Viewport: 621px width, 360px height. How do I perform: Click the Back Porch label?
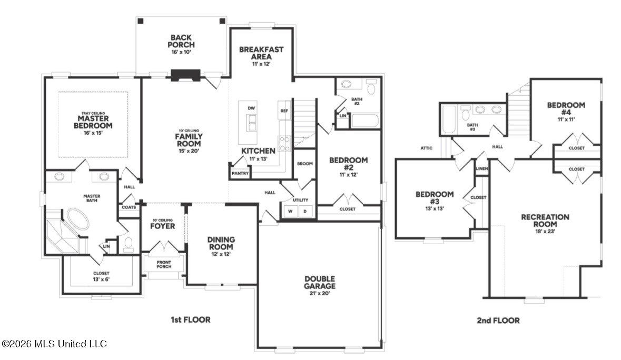pyautogui.click(x=181, y=41)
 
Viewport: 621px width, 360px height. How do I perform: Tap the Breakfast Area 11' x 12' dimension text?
pyautogui.click(x=261, y=64)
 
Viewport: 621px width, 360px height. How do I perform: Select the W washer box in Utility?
pyautogui.click(x=290, y=211)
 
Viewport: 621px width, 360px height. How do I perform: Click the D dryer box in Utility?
pyautogui.click(x=305, y=211)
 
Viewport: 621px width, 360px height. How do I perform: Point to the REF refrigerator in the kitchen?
pyautogui.click(x=284, y=111)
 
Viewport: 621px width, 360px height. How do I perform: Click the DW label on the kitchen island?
pyautogui.click(x=251, y=108)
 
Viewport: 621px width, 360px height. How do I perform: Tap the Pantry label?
pyautogui.click(x=240, y=173)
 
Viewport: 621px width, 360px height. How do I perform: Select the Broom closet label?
pyautogui.click(x=305, y=163)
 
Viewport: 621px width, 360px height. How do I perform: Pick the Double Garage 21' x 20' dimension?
pyautogui.click(x=320, y=293)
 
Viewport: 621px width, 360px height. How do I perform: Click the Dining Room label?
pyautogui.click(x=221, y=243)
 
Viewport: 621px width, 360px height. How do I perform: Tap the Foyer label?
pyautogui.click(x=162, y=226)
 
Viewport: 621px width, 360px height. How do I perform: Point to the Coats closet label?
pyautogui.click(x=129, y=207)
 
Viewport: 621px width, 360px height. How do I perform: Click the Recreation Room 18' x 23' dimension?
pyautogui.click(x=545, y=231)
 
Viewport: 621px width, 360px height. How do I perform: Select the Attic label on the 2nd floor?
pyautogui.click(x=427, y=148)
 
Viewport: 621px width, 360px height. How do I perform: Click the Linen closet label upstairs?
pyautogui.click(x=481, y=168)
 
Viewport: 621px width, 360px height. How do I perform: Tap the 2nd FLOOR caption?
pyautogui.click(x=498, y=321)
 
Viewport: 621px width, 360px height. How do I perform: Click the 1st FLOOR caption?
pyautogui.click(x=191, y=319)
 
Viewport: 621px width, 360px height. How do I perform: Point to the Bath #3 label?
pyautogui.click(x=472, y=127)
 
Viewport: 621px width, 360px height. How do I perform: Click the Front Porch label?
pyautogui.click(x=164, y=264)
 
